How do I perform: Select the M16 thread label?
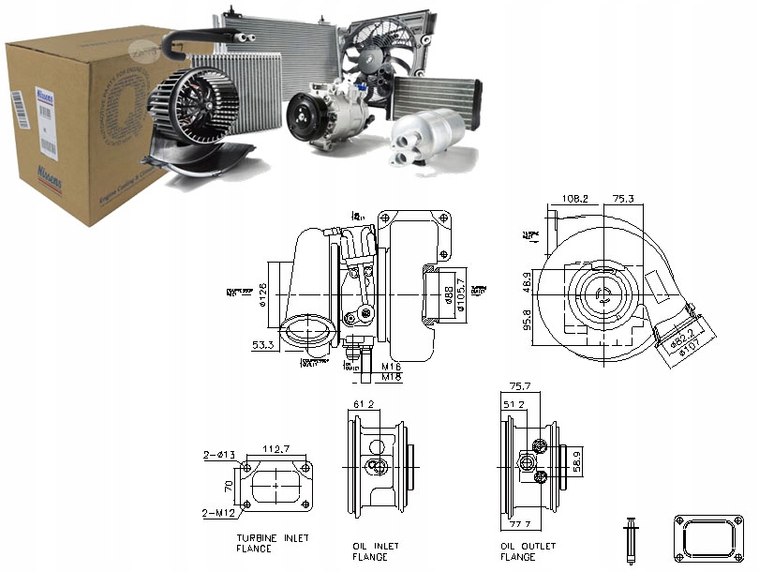pyautogui.click(x=392, y=366)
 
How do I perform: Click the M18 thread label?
pyautogui.click(x=392, y=378)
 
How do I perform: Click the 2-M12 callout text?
pyautogui.click(x=217, y=514)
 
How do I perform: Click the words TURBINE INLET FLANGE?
pyautogui.click(x=273, y=544)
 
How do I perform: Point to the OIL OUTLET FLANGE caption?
pyautogui.click(x=528, y=550)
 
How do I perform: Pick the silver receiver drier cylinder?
pyautogui.click(x=431, y=130)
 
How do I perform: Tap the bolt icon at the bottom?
pyautogui.click(x=631, y=538)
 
